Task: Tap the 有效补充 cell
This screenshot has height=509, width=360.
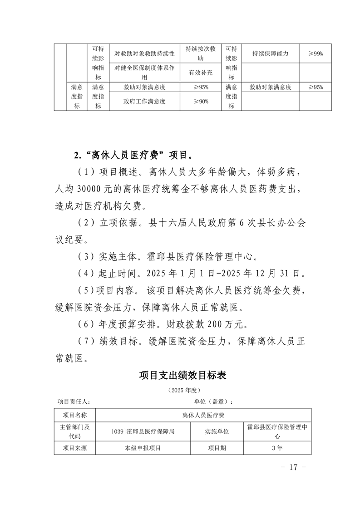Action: (x=200, y=73)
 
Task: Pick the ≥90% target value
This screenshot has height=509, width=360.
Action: (x=200, y=102)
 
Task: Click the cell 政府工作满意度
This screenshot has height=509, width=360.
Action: (x=144, y=102)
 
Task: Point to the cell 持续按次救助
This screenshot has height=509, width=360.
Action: (x=200, y=54)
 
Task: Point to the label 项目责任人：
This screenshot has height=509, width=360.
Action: (x=74, y=401)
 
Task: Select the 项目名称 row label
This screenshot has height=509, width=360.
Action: (x=74, y=415)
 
